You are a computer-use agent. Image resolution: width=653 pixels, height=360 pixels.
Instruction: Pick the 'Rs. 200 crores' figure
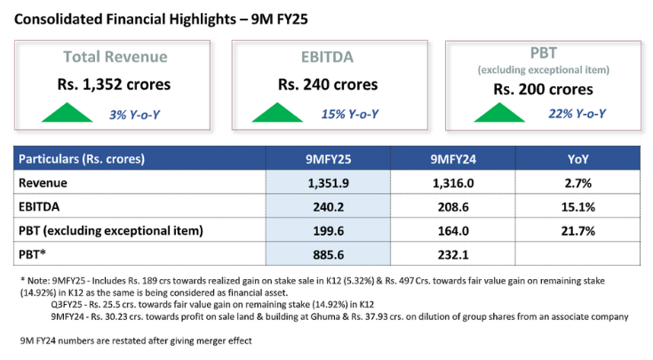(x=545, y=89)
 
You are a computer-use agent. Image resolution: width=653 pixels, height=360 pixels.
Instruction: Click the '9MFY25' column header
(x=328, y=159)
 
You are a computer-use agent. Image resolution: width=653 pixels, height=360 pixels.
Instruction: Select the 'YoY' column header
(x=577, y=159)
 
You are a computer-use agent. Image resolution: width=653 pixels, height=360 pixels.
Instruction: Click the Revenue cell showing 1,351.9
(x=328, y=183)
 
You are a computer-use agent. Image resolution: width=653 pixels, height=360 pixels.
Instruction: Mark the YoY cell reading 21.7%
(x=577, y=231)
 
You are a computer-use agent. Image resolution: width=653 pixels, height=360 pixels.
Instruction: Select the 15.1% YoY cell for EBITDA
(x=577, y=207)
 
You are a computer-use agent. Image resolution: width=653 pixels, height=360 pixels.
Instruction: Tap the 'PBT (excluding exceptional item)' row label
(x=112, y=231)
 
